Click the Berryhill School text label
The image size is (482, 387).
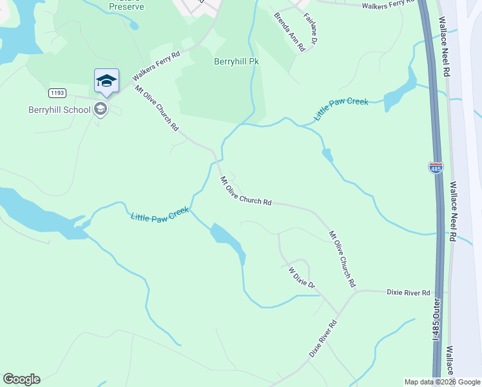59,109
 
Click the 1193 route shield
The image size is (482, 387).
57,93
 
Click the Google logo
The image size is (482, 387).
21,379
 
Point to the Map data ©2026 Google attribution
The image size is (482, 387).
442,382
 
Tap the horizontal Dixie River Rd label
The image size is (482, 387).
408,293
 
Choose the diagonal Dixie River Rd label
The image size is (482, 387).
323,339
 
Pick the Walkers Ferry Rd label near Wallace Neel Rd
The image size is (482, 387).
387,5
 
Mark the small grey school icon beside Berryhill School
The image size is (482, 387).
100,109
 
